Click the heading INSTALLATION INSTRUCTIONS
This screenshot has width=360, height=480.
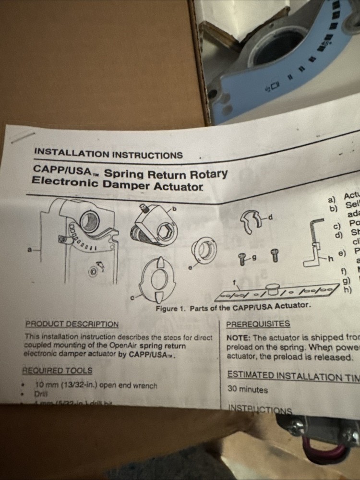[x=108, y=154]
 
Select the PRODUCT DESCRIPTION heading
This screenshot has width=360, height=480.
[x=72, y=324]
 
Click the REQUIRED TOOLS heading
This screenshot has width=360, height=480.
[x=57, y=371]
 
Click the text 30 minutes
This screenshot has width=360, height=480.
[x=248, y=389]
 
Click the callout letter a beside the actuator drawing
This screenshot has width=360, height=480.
[x=30, y=250]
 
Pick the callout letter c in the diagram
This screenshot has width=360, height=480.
[x=132, y=298]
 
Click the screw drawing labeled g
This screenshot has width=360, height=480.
[x=242, y=259]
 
